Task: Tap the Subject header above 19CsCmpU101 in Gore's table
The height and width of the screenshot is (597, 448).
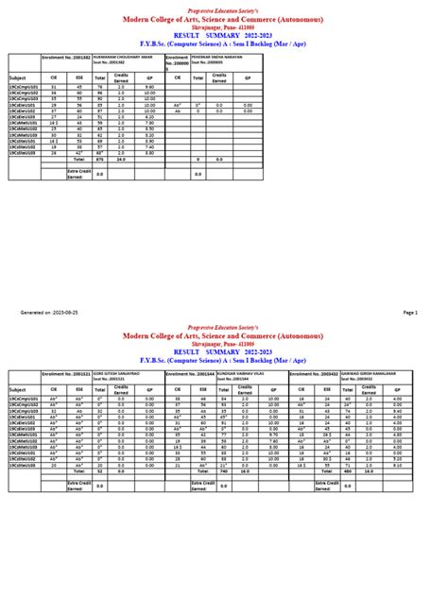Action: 18,388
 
